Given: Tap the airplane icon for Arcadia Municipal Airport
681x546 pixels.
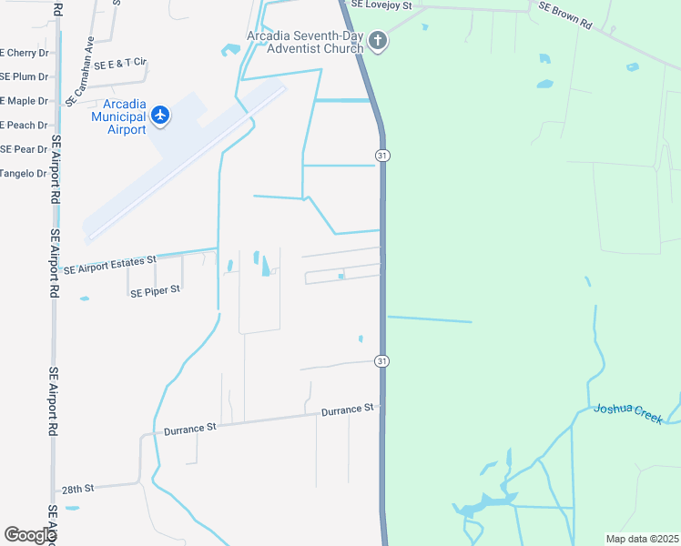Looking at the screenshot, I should (161, 115).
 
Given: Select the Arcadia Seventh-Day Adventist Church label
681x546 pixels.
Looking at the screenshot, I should (305, 42).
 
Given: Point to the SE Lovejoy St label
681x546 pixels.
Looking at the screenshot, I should (382, 5).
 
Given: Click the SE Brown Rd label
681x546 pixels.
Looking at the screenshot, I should (564, 16).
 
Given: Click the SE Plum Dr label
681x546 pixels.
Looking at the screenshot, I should (24, 76).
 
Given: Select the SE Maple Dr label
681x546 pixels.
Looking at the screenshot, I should (24, 100).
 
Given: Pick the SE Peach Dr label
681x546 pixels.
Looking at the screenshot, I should (24, 125).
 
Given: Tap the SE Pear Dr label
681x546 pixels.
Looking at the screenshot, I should (24, 149).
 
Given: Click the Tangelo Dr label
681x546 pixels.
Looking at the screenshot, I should (23, 173).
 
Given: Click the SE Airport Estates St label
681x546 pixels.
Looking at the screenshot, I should (110, 265).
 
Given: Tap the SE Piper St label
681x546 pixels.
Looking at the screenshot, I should (156, 291).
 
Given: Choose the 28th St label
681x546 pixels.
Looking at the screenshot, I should (78, 489).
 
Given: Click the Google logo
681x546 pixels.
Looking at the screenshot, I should (30, 535).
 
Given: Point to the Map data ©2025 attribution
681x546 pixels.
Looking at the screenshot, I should (641, 539).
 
